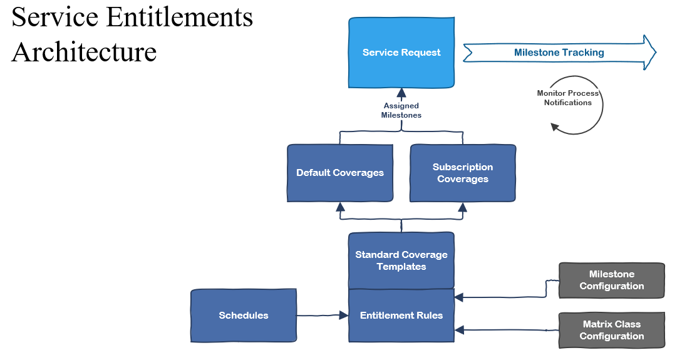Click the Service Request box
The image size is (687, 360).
(x=401, y=53)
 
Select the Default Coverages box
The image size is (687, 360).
(x=340, y=173)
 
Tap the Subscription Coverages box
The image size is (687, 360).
(x=463, y=173)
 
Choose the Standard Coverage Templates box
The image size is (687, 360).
(x=401, y=260)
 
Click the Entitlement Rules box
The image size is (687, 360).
(x=401, y=316)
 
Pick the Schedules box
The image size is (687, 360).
(x=244, y=316)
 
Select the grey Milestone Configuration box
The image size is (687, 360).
(x=611, y=280)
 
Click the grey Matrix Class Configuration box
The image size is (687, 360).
(x=611, y=330)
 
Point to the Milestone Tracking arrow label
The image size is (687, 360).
(x=559, y=53)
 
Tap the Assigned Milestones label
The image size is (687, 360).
(x=401, y=111)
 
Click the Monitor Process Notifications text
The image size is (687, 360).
(x=567, y=98)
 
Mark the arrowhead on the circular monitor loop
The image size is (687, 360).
(x=554, y=126)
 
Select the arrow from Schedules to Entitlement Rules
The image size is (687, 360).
(x=322, y=316)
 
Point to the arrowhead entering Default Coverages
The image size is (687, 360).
(x=340, y=207)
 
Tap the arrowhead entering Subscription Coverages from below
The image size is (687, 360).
(x=463, y=207)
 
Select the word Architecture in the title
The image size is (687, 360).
(x=84, y=51)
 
